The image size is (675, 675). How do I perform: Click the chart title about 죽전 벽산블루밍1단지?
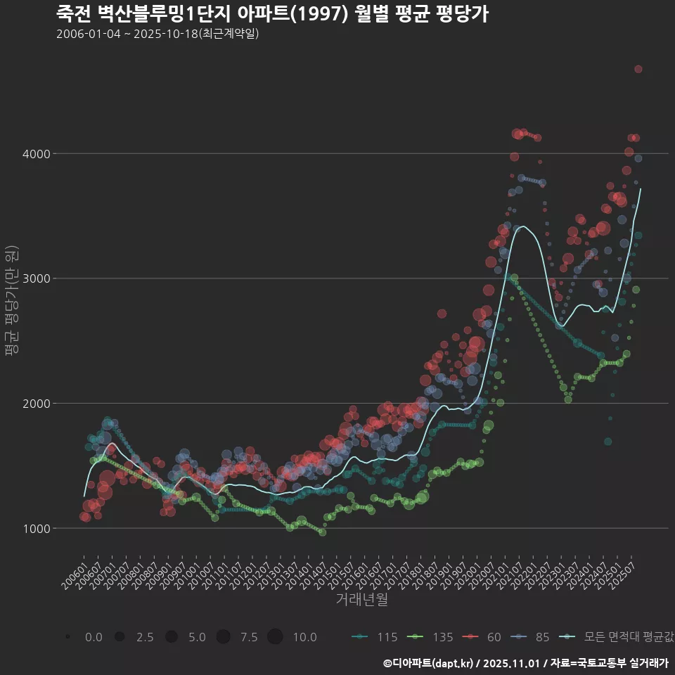pyautogui.click(x=271, y=15)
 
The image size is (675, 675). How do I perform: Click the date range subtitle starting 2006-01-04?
pyautogui.click(x=157, y=34)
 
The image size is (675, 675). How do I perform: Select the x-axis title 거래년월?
pyautogui.click(x=361, y=599)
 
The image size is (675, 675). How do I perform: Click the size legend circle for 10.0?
pyautogui.click(x=275, y=637)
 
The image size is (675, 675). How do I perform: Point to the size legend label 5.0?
pyautogui.click(x=198, y=637)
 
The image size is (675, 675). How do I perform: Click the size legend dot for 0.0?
pyautogui.click(x=67, y=637)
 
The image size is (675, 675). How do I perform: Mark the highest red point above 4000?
pyautogui.click(x=638, y=69)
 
